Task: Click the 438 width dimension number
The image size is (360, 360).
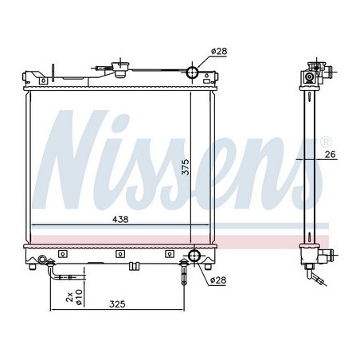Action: [x=119, y=218]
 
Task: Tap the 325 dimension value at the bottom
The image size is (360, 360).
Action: [x=118, y=303]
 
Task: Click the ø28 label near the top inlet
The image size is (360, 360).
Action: [x=219, y=52]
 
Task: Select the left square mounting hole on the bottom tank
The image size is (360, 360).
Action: [x=68, y=255]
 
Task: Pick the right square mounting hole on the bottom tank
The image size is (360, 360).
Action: [x=169, y=255]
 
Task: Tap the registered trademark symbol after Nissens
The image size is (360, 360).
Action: [x=325, y=140]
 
